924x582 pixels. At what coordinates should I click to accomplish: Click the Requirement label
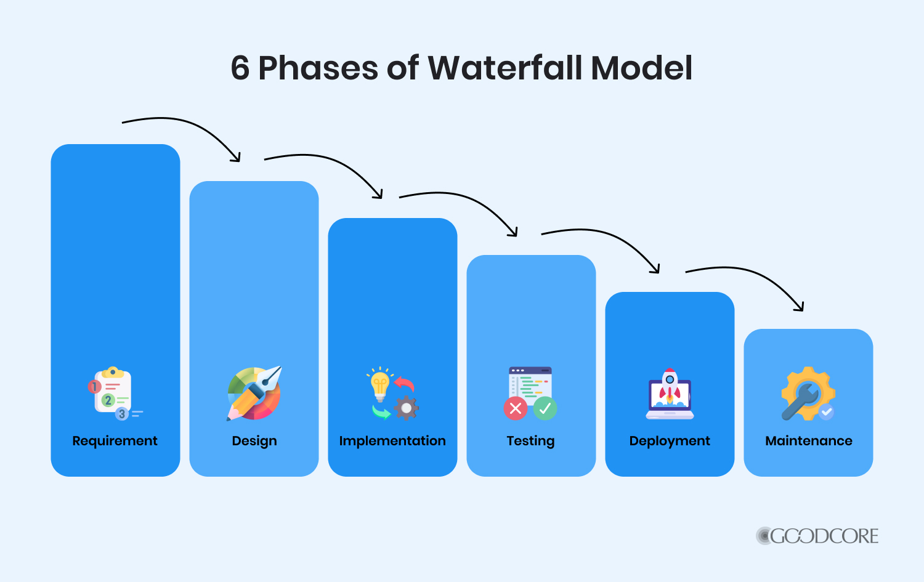point(115,441)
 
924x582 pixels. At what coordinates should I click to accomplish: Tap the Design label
point(254,441)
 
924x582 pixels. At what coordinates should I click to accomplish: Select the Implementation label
point(392,441)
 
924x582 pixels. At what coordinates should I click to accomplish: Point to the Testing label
point(530,441)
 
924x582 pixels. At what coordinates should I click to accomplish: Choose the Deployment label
point(670,441)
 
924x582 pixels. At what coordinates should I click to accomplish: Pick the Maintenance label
point(809,441)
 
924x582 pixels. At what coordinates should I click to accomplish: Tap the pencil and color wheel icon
point(254,393)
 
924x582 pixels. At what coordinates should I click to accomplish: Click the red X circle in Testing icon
point(516,408)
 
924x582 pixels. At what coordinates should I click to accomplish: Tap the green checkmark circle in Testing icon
point(545,408)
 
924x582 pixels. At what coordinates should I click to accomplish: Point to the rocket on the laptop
point(670,385)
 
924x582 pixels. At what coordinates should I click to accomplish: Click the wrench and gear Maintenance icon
point(808,394)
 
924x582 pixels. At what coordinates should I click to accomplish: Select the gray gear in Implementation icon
point(406,408)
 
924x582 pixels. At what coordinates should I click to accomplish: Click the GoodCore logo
point(817,536)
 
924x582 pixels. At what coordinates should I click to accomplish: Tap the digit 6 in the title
point(240,68)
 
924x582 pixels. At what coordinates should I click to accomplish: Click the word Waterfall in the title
point(505,68)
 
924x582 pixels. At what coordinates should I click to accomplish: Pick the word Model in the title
point(642,68)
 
